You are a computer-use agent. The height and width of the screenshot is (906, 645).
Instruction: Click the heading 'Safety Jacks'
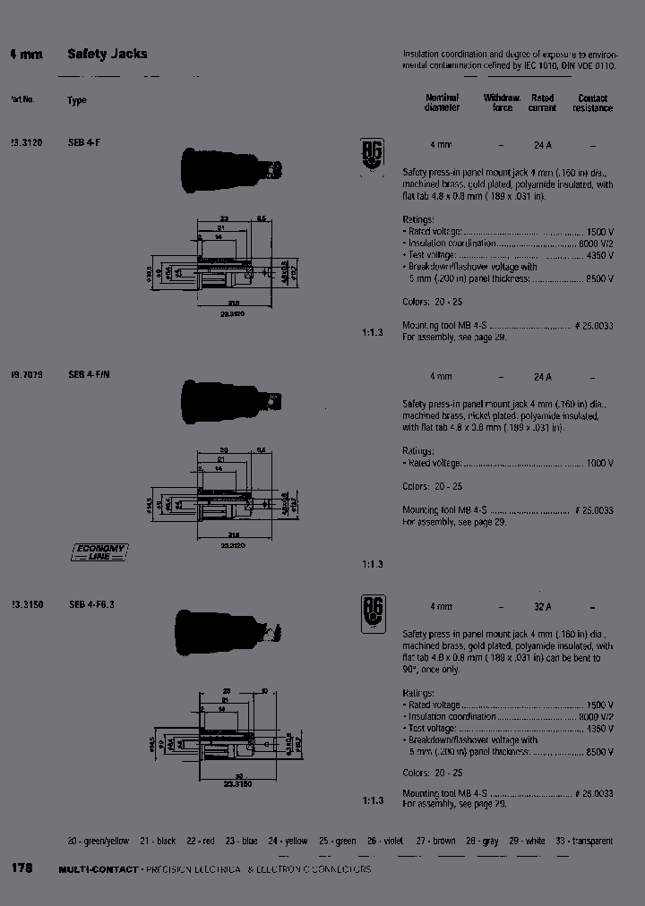[x=107, y=55]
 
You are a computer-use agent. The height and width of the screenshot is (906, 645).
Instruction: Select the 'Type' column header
[x=77, y=100]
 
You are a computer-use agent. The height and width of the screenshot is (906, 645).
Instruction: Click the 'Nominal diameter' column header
[x=442, y=103]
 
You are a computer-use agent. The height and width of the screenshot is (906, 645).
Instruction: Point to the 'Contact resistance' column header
[x=592, y=103]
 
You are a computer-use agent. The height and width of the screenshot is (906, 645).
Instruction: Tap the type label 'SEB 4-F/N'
[x=90, y=374]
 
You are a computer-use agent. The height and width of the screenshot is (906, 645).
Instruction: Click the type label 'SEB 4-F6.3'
[x=91, y=604]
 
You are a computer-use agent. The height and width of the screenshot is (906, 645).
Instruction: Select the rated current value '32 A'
[x=542, y=606]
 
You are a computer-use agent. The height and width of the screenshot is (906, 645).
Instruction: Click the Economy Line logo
[x=99, y=551]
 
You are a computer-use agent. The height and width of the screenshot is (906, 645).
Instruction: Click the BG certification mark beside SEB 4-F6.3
[x=373, y=614]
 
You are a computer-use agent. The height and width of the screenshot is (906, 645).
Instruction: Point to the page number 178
[x=21, y=868]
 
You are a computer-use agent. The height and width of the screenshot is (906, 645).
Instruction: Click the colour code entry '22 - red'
[x=201, y=841]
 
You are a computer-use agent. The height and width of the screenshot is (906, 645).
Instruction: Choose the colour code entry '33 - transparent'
[x=584, y=841]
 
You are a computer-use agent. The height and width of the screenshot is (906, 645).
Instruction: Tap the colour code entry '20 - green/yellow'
[x=99, y=841]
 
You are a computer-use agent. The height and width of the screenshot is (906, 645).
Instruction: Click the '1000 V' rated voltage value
[x=599, y=463]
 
